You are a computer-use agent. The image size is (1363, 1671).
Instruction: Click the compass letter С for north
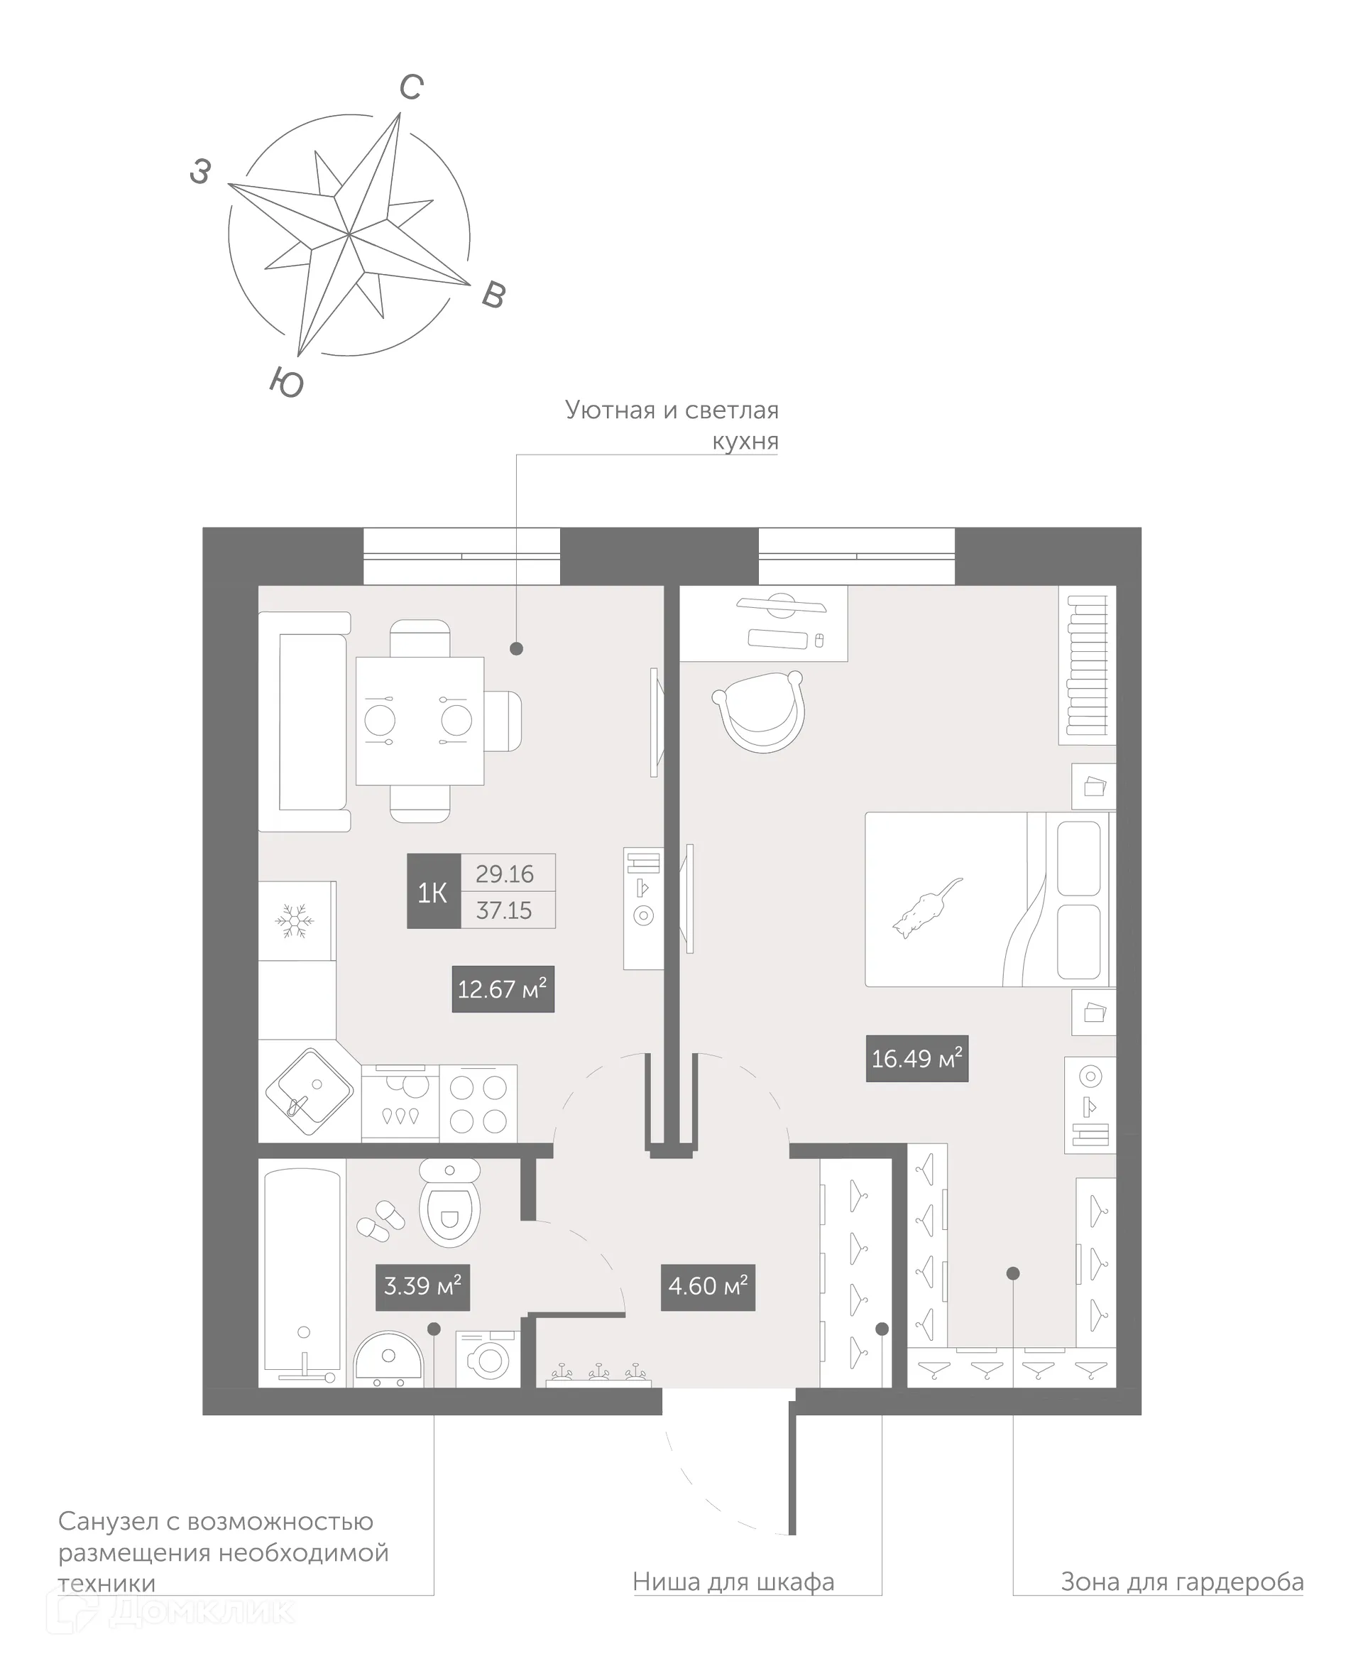[412, 87]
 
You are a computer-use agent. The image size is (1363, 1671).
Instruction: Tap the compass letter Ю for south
[287, 383]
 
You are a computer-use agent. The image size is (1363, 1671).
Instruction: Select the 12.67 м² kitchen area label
[503, 989]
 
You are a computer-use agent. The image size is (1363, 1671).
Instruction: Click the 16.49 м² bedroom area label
[916, 1059]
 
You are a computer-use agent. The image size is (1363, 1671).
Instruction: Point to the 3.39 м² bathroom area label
[422, 1286]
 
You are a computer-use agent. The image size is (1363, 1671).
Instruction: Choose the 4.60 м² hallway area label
[707, 1286]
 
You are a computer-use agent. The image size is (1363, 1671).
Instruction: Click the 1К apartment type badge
[432, 892]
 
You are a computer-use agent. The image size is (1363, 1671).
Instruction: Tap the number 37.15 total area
[504, 911]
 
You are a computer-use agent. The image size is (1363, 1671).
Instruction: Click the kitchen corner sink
[309, 1092]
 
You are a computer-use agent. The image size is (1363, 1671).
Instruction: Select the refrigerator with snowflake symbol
[295, 920]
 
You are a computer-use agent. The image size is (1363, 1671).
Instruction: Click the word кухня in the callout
[745, 441]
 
